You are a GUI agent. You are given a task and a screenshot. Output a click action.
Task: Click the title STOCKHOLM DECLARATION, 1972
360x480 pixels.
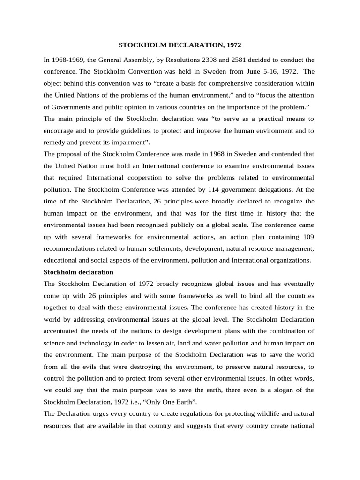pos(180,45)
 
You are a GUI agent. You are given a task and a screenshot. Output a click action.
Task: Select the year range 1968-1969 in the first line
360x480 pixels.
pos(68,60)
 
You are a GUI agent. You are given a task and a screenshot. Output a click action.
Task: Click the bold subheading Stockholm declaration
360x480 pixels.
pos(78,272)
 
